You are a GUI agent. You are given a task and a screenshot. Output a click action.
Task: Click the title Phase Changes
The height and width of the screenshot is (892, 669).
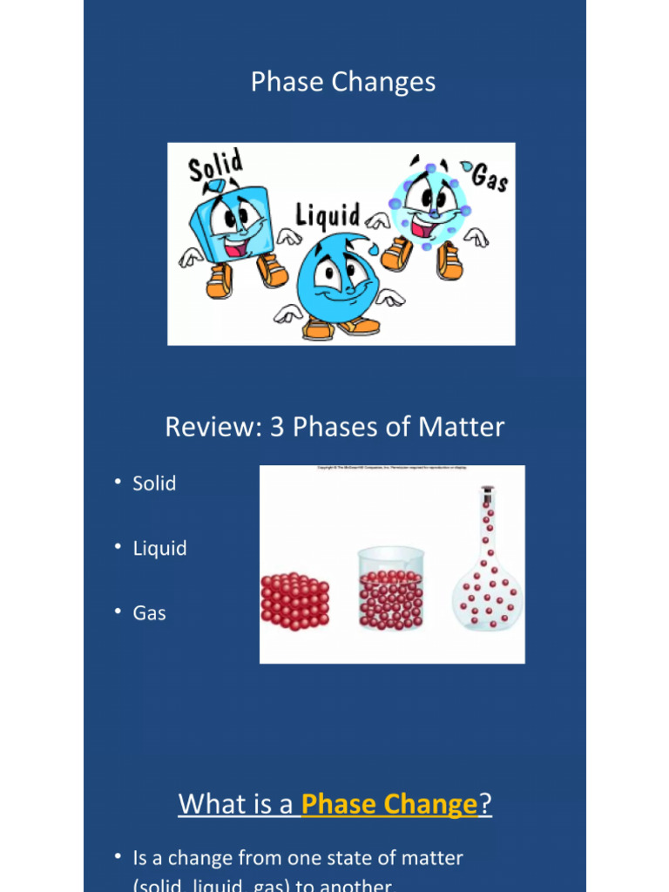(342, 82)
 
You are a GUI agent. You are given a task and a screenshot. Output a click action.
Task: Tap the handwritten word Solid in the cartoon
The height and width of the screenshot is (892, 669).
(215, 166)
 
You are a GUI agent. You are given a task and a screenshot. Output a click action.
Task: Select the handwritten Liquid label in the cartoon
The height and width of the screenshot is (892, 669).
(327, 214)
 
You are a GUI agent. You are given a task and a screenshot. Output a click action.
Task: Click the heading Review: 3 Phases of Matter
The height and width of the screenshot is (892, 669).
(334, 427)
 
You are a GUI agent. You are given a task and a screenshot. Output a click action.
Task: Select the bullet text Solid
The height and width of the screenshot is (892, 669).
(154, 483)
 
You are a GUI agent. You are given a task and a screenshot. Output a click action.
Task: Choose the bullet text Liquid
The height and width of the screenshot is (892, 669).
(159, 548)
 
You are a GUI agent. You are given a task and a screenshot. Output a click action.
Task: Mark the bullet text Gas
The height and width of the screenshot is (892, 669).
(149, 612)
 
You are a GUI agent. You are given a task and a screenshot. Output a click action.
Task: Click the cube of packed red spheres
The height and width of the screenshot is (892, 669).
(295, 601)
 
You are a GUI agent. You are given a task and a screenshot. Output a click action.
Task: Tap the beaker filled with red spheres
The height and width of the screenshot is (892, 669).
(390, 589)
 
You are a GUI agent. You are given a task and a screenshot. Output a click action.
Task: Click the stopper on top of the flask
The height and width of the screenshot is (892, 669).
(488, 490)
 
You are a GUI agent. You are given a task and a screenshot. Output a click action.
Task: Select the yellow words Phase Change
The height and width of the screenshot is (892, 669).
(389, 803)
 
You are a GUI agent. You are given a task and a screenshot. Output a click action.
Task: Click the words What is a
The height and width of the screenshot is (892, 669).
(236, 803)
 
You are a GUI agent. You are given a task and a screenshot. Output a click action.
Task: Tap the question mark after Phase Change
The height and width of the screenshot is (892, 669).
(485, 803)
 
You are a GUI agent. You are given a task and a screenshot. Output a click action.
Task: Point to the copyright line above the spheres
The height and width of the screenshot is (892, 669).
(392, 468)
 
